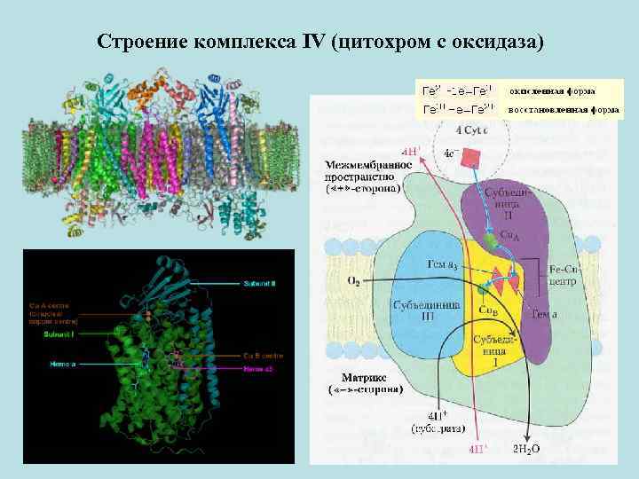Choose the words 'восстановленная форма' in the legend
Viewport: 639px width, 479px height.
click(563, 110)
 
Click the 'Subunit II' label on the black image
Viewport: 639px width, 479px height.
click(259, 284)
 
